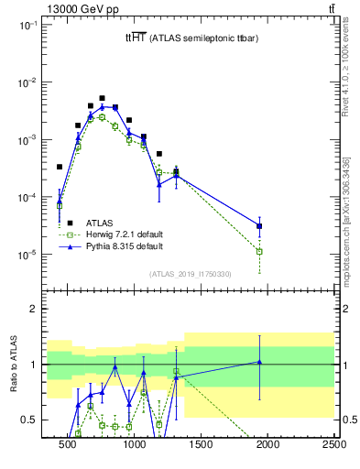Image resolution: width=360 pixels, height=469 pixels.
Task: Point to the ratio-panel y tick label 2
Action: (x=33, y=309)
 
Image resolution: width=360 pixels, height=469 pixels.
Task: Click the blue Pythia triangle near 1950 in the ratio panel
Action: (x=260, y=362)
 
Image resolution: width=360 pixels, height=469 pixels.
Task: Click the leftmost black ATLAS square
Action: (x=60, y=167)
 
